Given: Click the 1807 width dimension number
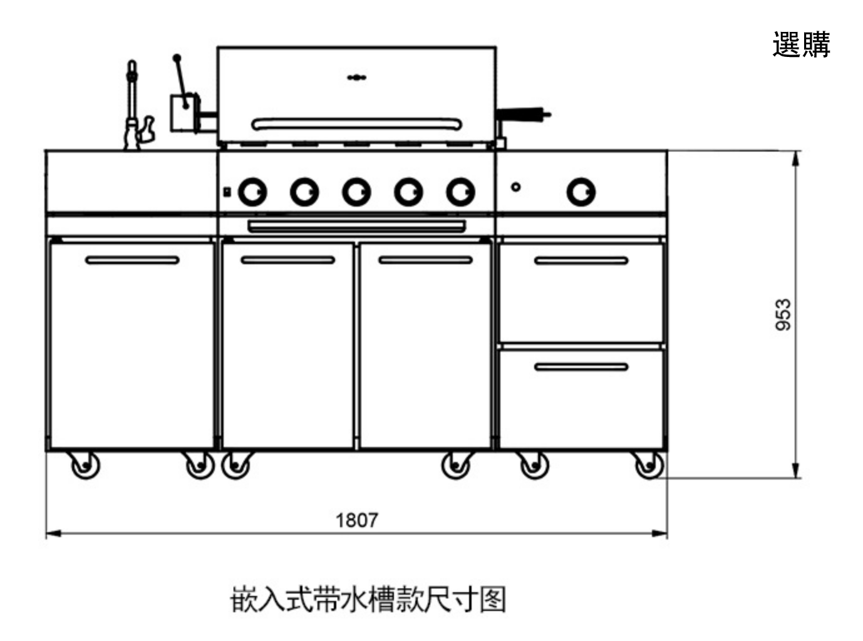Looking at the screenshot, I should pyautogui.click(x=357, y=520).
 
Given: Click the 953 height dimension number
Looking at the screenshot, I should pyautogui.click(x=783, y=314).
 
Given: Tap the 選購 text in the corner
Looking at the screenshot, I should pyautogui.click(x=801, y=44).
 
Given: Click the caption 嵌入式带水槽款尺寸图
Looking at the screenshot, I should pyautogui.click(x=368, y=600).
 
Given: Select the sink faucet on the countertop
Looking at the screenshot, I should pyautogui.click(x=133, y=106).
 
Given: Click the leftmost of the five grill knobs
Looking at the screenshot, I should pyautogui.click(x=252, y=192).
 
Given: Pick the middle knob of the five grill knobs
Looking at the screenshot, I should pyautogui.click(x=356, y=192).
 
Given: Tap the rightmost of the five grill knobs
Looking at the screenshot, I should pyautogui.click(x=460, y=192).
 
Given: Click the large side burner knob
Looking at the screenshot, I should pyautogui.click(x=581, y=192).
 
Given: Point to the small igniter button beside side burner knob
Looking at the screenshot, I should pyautogui.click(x=516, y=187).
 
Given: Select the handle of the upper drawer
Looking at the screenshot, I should pyautogui.click(x=581, y=260).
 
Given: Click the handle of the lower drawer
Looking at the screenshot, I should pyautogui.click(x=581, y=367).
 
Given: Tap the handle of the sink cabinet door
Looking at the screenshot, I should pyautogui.click(x=132, y=260).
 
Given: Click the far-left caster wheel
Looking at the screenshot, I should pyautogui.click(x=85, y=466).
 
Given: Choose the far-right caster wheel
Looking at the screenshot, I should pyautogui.click(x=648, y=466).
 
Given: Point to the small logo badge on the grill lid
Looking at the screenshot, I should pyautogui.click(x=357, y=78).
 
